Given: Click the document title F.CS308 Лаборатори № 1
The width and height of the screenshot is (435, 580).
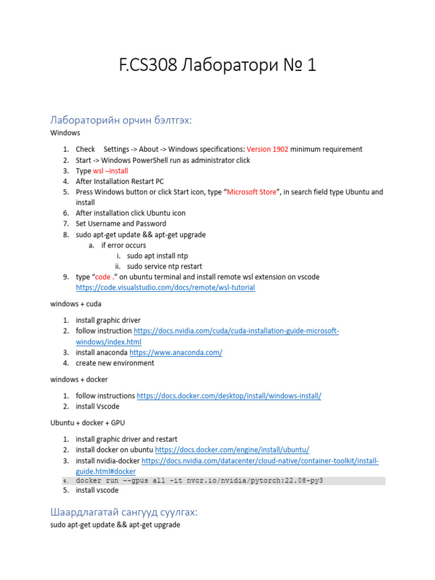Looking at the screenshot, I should (217, 66).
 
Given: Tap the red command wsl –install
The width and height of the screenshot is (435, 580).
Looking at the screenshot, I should (110, 171).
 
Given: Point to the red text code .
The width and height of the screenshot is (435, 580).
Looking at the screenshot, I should (103, 277).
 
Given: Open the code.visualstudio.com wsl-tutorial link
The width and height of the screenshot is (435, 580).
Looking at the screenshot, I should (165, 288).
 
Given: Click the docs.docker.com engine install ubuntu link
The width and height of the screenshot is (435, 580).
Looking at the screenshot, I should (232, 450).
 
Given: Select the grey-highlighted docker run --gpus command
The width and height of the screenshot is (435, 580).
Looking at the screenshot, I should (199, 481).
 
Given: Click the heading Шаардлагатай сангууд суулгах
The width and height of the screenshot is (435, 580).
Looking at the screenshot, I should (123, 512).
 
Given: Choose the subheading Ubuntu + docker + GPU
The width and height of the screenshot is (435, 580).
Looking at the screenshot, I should (88, 422).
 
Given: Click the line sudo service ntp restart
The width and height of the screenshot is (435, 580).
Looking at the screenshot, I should (164, 266).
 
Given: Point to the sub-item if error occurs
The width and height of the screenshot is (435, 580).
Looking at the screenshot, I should (123, 245).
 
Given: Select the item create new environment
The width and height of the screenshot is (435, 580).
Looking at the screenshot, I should (115, 363).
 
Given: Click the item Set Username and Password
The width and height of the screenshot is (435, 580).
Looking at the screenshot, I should (121, 224).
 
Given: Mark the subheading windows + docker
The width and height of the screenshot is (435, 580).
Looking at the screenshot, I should (79, 379).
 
